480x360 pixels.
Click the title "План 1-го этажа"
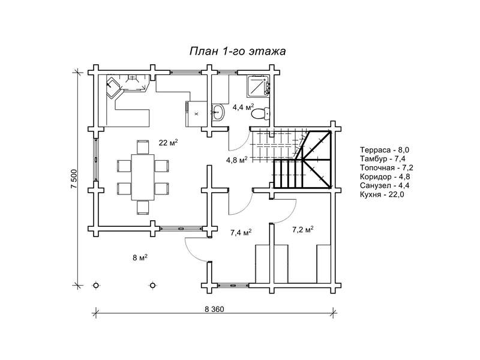pos(238,51)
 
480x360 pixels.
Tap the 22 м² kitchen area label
pos(169,142)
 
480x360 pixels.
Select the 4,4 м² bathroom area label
pos(244,107)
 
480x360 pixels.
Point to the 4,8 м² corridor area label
pos(236,160)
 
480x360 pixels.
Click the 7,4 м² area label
pos(241,233)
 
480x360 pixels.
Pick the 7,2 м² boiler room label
pos(303,229)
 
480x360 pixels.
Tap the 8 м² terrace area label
pos(140,258)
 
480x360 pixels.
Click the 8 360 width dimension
pos(214,309)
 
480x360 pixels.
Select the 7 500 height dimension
pos(74,179)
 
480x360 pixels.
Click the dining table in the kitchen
pos(143,177)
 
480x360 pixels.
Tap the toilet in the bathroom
pos(260,113)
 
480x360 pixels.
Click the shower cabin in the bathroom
pos(259,85)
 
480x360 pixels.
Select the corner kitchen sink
pos(113,87)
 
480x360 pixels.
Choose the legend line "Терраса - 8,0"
pos(385,150)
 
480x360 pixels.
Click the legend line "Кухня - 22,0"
pos(382,194)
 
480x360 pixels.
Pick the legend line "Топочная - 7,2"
pos(386,168)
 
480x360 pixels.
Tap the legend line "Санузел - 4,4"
pos(385,185)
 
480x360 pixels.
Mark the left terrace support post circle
pos(96,286)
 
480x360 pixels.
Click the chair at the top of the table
pos(143,147)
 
